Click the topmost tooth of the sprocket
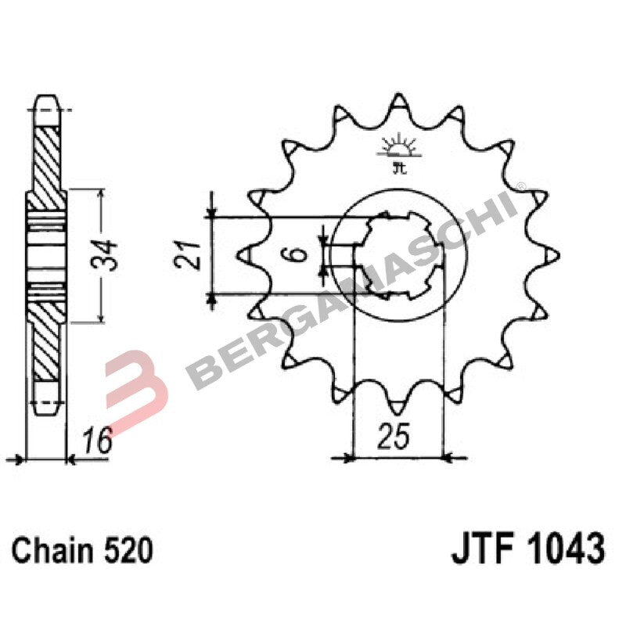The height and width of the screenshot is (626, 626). (x=398, y=103)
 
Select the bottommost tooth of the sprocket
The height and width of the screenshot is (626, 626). (x=398, y=405)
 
